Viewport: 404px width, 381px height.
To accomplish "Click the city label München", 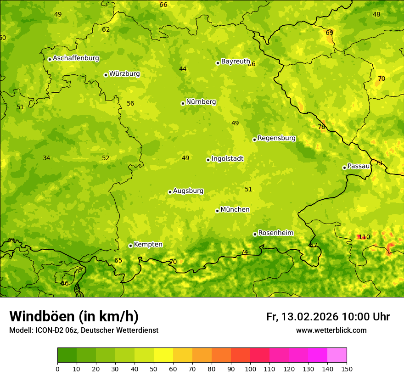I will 235,210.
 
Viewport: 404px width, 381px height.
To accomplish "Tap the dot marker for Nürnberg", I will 183,103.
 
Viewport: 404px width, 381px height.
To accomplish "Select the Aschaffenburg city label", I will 76,58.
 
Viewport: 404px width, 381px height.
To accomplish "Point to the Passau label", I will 359,166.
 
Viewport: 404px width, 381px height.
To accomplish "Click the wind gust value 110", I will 364,237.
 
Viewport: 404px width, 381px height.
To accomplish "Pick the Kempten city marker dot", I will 130,246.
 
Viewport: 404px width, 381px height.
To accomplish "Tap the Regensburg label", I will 276,138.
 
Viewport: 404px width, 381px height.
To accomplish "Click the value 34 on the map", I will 46,158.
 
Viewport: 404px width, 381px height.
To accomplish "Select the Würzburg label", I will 124,74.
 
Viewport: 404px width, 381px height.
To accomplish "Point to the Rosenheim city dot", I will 255,234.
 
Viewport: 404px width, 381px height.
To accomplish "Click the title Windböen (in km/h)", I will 74,316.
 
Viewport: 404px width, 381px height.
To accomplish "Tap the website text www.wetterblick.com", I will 331,331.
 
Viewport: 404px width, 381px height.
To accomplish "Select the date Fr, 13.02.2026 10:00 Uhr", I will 328,317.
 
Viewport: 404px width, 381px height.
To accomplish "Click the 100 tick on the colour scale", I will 250,369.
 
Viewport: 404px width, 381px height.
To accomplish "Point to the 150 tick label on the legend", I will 347,369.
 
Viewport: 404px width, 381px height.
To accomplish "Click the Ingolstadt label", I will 227,159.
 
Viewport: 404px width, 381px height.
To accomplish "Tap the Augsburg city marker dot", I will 170,192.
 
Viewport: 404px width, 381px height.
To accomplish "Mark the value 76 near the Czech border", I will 321,127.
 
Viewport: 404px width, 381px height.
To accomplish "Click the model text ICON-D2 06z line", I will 84,331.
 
